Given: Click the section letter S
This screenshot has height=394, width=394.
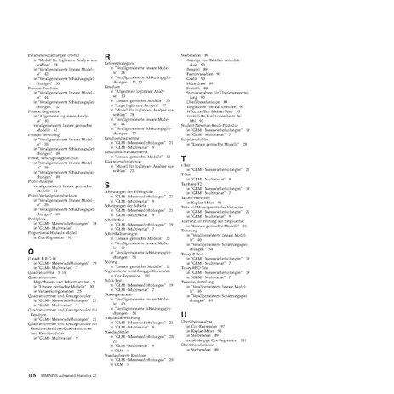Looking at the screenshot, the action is (107, 185).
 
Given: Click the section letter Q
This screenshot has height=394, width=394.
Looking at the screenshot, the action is (31, 251).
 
